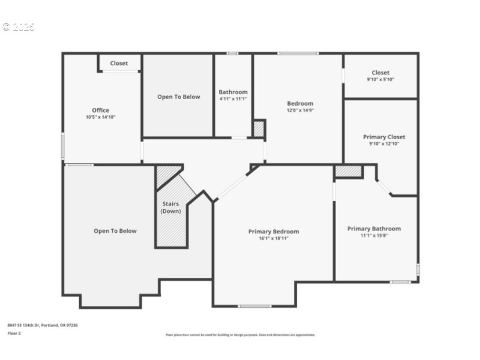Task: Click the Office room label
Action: [101, 110]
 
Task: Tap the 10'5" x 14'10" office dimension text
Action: [101, 117]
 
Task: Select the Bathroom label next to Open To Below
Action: [233, 92]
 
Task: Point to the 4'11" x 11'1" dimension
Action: [233, 98]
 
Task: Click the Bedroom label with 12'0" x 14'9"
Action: [300, 103]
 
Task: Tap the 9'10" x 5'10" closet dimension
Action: [380, 79]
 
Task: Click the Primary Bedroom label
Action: [274, 232]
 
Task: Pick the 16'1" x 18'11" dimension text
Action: [274, 238]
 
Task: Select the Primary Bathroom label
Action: [374, 229]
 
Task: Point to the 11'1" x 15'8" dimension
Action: [374, 235]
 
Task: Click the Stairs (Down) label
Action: [171, 208]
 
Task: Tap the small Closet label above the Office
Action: [119, 63]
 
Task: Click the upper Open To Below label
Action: [179, 97]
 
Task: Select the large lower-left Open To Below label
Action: [115, 231]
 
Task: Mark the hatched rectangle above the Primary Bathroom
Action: [349, 172]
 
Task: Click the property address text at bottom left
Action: [43, 325]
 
